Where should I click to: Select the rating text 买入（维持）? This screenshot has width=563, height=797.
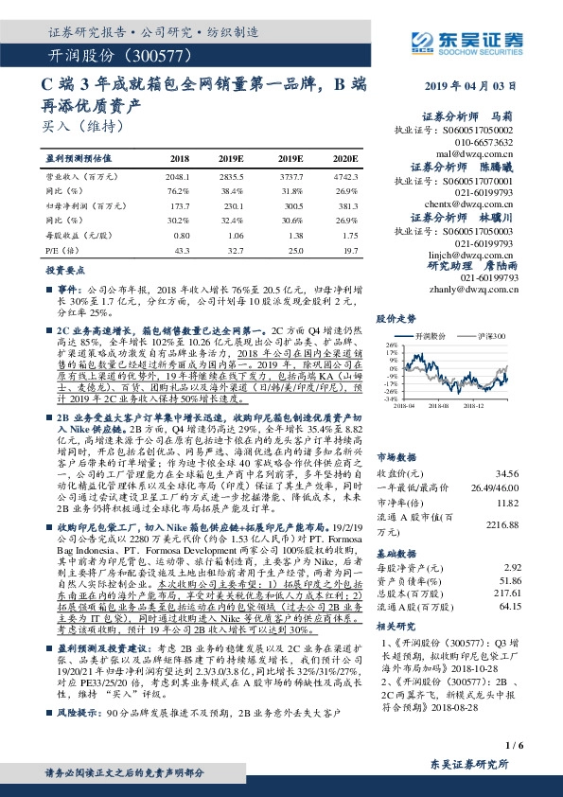tap(82, 124)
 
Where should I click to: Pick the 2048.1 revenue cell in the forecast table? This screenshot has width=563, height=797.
tap(179, 176)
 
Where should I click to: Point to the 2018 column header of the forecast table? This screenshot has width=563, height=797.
tap(179, 158)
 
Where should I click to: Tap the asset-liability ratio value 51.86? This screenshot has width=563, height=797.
tap(535, 579)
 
